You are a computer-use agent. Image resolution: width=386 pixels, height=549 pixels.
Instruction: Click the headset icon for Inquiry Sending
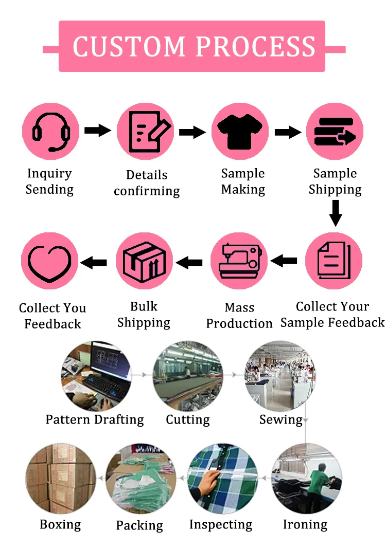(50, 132)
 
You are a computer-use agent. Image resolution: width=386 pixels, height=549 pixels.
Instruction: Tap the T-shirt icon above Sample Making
(240, 132)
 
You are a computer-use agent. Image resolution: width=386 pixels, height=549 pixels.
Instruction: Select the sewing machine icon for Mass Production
(239, 261)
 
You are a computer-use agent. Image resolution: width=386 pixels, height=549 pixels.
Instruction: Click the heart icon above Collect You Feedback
(49, 261)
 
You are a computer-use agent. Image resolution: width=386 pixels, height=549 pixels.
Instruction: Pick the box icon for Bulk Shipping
(144, 261)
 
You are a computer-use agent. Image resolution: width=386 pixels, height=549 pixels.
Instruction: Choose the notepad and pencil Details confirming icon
(145, 132)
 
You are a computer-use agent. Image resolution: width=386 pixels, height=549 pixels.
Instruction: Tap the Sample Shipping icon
(335, 132)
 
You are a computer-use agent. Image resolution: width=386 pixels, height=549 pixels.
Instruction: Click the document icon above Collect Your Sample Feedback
(334, 261)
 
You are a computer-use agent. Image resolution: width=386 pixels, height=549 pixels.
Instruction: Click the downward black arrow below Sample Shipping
(336, 213)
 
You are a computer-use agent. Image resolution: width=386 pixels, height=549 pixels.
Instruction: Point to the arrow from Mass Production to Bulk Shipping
(189, 263)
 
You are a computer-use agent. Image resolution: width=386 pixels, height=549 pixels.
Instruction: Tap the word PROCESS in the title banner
(256, 46)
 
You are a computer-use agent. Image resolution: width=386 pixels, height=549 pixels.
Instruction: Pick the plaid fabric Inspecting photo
(222, 479)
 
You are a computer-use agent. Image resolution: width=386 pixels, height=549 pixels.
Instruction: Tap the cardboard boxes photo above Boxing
(61, 479)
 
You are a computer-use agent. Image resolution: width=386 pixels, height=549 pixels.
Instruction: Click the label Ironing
(305, 524)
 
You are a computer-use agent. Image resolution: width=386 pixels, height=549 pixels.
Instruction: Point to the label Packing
(139, 525)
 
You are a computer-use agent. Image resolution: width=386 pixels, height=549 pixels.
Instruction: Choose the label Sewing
(280, 419)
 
